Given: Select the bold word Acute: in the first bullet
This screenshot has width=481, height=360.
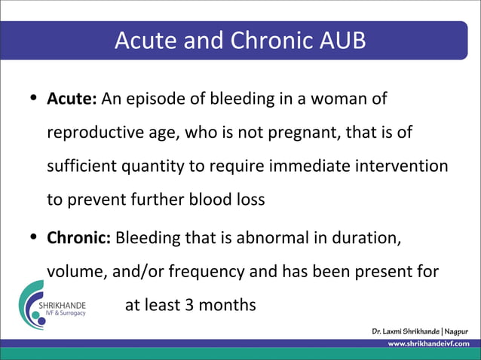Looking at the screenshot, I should pos(72,99).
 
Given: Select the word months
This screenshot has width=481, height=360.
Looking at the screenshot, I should pos(229,305).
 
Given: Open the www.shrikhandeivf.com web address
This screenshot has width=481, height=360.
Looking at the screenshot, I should pos(427,343).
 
